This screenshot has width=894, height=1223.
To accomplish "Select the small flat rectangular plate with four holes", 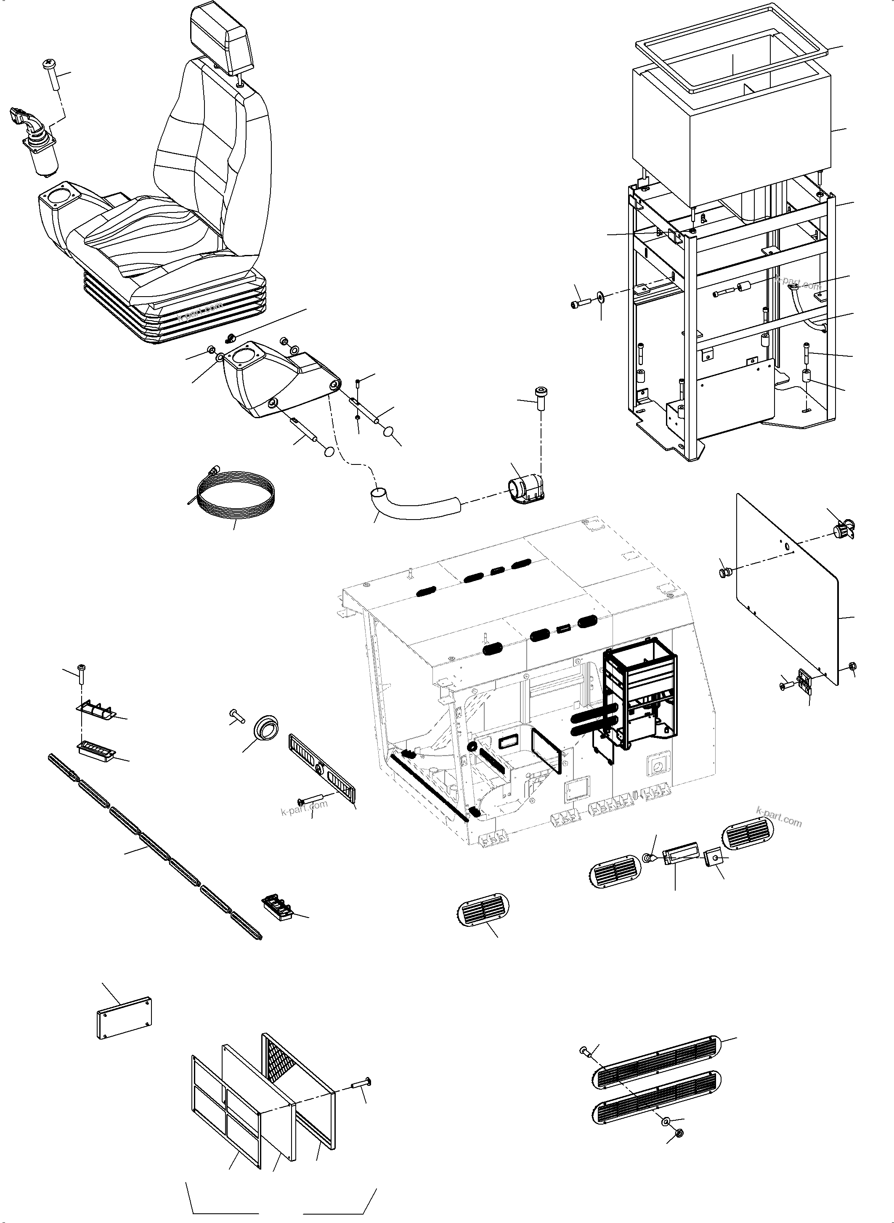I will [125, 1018].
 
